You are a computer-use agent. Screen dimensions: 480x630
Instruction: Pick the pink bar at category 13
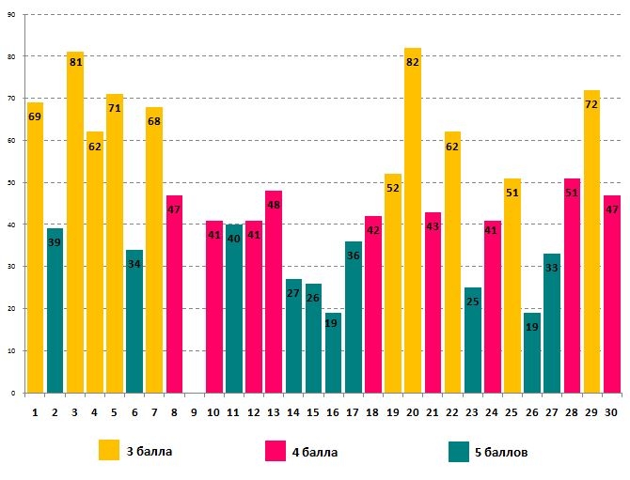point(274,301)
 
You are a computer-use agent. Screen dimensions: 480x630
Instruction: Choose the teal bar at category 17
point(353,329)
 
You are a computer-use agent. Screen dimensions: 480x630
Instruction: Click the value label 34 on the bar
point(134,264)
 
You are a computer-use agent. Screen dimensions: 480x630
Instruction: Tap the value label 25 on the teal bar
point(472,302)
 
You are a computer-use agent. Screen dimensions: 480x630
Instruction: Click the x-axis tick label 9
point(194,412)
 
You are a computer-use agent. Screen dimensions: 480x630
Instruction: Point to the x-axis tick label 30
point(611,412)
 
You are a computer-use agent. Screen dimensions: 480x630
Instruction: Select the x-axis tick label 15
point(313,412)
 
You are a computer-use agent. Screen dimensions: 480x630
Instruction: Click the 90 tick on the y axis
point(10,15)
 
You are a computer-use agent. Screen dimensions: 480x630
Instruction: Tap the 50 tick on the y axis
point(10,183)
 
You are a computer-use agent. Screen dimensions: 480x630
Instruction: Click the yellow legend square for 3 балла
point(109,451)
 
